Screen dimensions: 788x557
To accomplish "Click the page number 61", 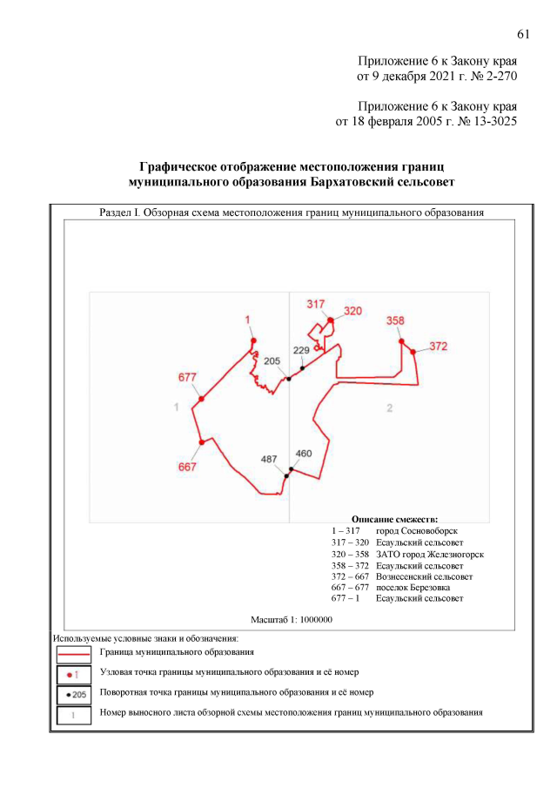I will pyautogui.click(x=523, y=34).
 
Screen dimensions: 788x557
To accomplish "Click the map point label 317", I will pyautogui.click(x=315, y=304).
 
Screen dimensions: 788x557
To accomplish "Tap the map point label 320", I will pyautogui.click(x=352, y=311).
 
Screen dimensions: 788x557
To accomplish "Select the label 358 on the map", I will pyautogui.click(x=395, y=320).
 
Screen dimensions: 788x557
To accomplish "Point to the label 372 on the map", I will pyautogui.click(x=438, y=347).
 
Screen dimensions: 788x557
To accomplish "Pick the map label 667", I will pyautogui.click(x=187, y=467).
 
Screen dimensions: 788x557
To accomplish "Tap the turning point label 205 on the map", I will pyautogui.click(x=272, y=360).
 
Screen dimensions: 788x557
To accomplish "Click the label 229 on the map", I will pyautogui.click(x=301, y=350).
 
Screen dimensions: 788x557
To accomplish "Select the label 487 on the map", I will pyautogui.click(x=269, y=459).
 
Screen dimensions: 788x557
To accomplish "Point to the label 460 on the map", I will pyautogui.click(x=304, y=454).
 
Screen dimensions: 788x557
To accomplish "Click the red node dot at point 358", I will pyautogui.click(x=402, y=341).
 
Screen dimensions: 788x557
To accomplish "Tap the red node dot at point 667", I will pyautogui.click(x=201, y=442).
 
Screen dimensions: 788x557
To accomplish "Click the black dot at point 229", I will pyautogui.click(x=302, y=368).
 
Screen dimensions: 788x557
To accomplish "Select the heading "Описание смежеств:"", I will pyautogui.click(x=394, y=518).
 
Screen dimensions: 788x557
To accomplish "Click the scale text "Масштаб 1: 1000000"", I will pyautogui.click(x=292, y=619).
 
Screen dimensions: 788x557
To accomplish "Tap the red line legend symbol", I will pyautogui.click(x=73, y=651).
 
